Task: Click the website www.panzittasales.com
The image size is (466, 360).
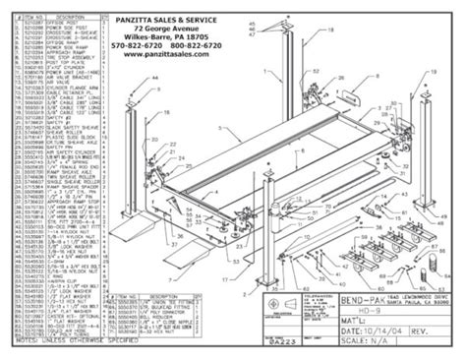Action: pyautogui.click(x=182, y=56)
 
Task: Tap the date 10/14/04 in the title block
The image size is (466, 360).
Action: pyautogui.click(x=382, y=330)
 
